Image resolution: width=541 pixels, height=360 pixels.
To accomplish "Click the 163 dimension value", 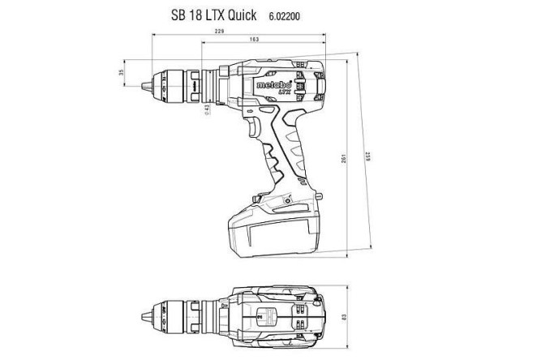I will point(254,40).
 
